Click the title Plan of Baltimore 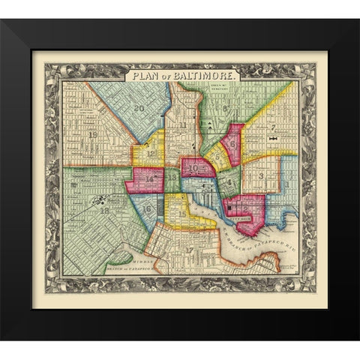[x=183, y=76]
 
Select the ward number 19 [x=93, y=135]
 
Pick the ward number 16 [x=148, y=208]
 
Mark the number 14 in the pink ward [x=150, y=180]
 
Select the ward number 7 [x=274, y=127]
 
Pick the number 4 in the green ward [x=228, y=182]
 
